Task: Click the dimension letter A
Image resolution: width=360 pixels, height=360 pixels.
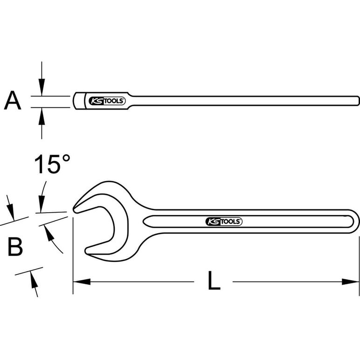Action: (x=13, y=100)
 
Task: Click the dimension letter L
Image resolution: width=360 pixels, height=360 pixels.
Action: (x=214, y=280)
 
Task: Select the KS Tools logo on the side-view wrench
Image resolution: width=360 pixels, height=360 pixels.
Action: (x=107, y=101)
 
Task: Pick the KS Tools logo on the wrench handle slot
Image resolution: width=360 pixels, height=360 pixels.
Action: (x=224, y=222)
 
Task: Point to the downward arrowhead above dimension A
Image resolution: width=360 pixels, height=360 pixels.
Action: (x=42, y=87)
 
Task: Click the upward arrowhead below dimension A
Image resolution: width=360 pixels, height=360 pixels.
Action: (x=42, y=116)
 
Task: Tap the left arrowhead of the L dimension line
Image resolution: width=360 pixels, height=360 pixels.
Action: (x=82, y=282)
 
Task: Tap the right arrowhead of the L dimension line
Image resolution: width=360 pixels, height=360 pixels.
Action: (x=350, y=282)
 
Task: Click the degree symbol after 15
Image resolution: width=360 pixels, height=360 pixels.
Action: (x=66, y=158)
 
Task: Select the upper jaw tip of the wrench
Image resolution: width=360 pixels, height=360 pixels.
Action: (x=74, y=209)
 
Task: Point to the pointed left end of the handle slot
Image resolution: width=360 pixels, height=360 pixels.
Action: (x=144, y=222)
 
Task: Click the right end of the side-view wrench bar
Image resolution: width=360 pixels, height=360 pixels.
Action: (x=358, y=101)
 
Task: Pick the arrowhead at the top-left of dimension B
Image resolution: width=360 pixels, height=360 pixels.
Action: (x=11, y=213)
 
